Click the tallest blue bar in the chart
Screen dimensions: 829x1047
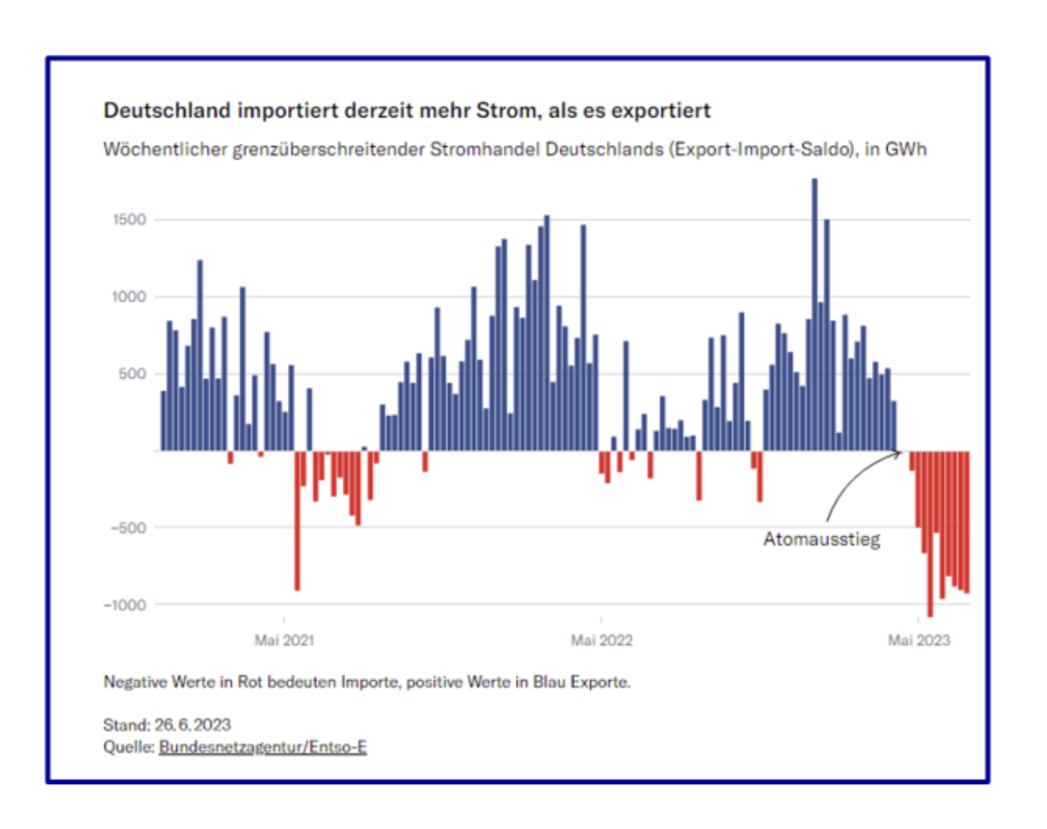click(814, 314)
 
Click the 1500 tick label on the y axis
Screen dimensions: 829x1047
click(129, 220)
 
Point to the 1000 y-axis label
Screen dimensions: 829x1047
click(129, 297)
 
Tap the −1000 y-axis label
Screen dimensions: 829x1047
click(125, 605)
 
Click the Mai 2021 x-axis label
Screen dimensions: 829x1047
click(284, 640)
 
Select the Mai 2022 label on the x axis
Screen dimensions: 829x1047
click(602, 640)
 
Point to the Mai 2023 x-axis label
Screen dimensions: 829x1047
click(918, 640)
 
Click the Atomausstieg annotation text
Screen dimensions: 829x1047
click(822, 539)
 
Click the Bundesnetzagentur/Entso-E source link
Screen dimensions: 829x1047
click(263, 747)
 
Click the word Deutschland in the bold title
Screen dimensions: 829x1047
click(167, 110)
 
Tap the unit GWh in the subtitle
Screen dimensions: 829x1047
click(905, 150)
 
